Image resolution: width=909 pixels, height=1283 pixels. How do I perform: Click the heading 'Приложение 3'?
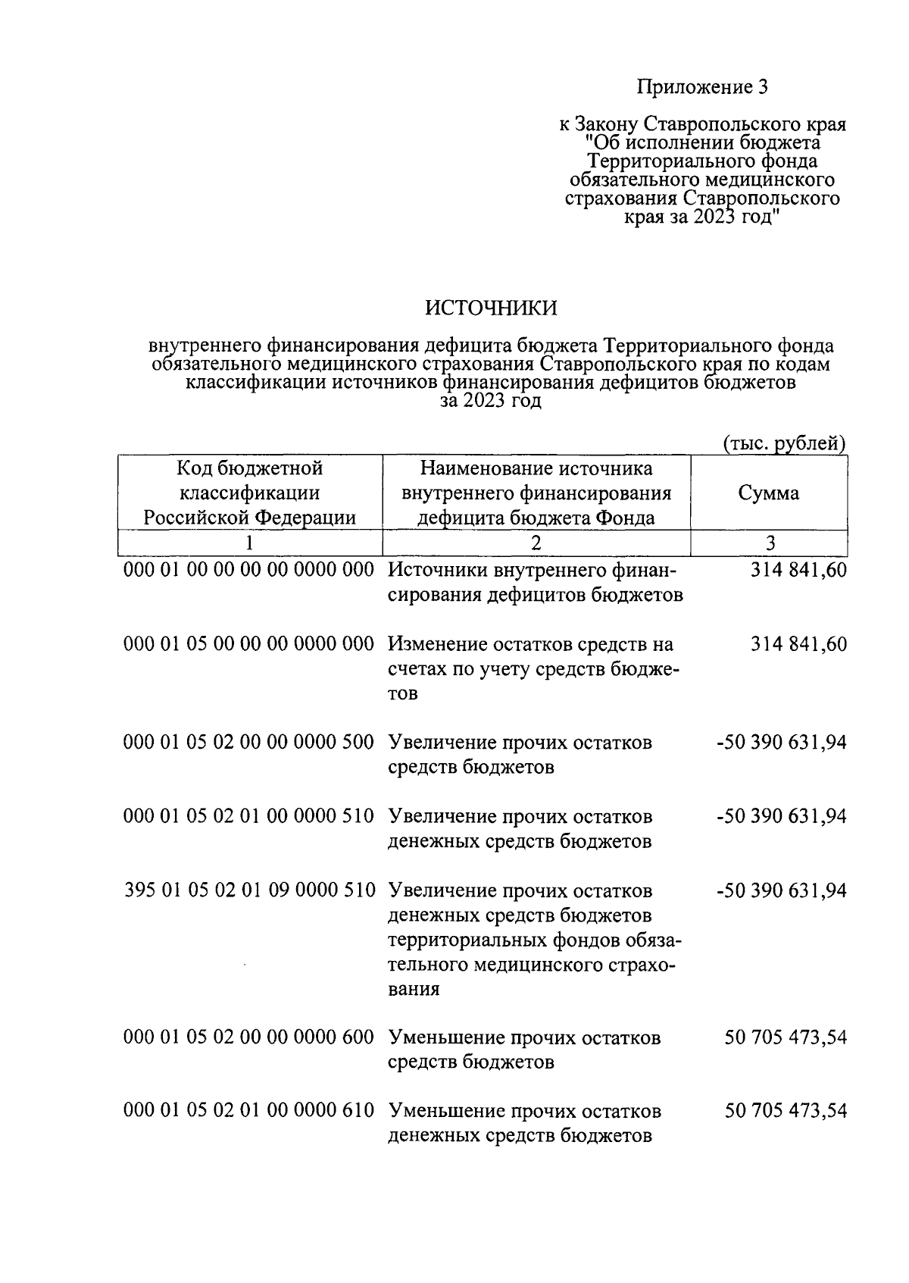(702, 87)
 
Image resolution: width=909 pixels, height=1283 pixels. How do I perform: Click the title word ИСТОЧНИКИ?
(491, 308)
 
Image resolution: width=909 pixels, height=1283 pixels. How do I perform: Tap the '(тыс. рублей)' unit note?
(784, 443)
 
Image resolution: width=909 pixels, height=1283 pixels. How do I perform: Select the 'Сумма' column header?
(768, 493)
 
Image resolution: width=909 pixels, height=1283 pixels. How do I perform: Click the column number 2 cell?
(536, 543)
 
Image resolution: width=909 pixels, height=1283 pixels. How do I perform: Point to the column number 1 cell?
(249, 543)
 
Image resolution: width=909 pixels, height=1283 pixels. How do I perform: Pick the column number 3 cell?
(770, 543)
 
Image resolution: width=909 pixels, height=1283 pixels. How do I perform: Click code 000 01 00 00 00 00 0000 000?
(249, 570)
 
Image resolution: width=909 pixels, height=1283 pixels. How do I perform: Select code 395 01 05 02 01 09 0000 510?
(249, 890)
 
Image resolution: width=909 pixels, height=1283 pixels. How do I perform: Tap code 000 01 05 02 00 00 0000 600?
(249, 1037)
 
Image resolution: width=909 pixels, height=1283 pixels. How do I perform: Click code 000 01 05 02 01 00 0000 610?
(249, 1111)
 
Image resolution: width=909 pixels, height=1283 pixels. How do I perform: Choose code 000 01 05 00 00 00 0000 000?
(249, 644)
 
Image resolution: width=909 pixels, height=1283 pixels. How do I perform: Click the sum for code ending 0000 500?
(781, 742)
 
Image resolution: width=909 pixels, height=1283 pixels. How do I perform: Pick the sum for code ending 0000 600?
(786, 1037)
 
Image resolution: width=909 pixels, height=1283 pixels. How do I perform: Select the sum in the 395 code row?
(781, 890)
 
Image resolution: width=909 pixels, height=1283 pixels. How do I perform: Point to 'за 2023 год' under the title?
(491, 401)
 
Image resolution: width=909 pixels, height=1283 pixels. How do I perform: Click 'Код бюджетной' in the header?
(249, 468)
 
